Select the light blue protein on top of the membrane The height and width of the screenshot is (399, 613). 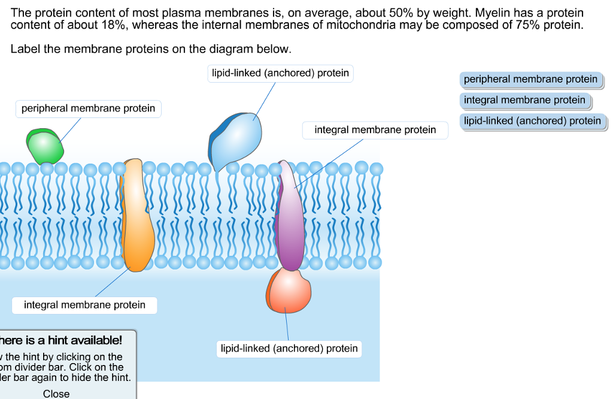238,141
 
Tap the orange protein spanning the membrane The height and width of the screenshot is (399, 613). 137,216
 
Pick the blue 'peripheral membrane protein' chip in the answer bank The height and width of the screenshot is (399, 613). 530,79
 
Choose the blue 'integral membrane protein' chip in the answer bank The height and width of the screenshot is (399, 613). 524,100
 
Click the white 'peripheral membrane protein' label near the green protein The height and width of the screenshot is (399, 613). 88,108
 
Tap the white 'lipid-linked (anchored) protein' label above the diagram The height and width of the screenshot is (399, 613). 280,73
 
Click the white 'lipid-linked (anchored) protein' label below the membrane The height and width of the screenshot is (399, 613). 289,349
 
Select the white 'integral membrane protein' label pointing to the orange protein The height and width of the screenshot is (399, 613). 84,305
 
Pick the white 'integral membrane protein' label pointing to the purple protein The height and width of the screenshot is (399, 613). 375,129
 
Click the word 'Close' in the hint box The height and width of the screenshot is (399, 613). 56,394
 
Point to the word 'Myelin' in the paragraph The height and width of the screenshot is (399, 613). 490,13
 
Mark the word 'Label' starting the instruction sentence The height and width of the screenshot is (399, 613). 25,49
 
